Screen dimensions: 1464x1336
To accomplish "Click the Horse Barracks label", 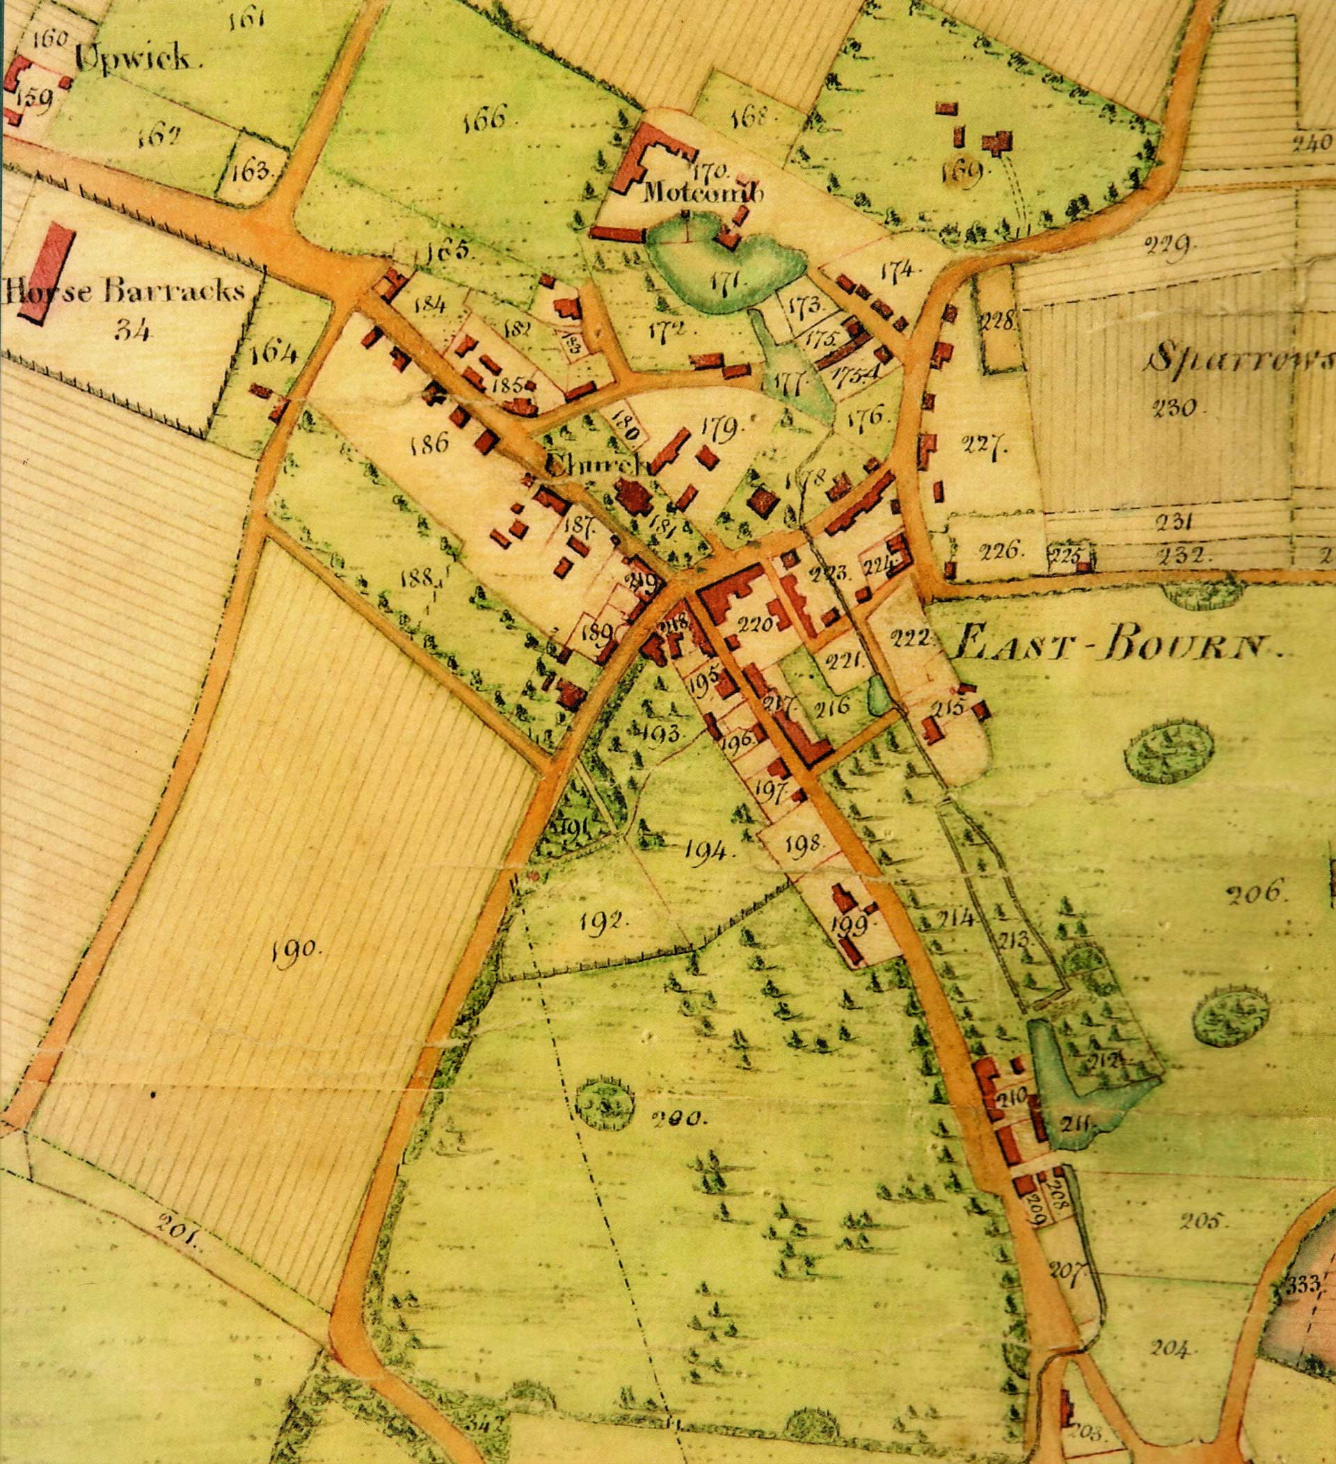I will click(x=123, y=291).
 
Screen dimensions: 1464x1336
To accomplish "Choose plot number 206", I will click(x=1257, y=893).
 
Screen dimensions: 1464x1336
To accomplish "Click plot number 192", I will click(x=604, y=923).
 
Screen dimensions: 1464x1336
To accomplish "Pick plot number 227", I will click(x=985, y=443).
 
